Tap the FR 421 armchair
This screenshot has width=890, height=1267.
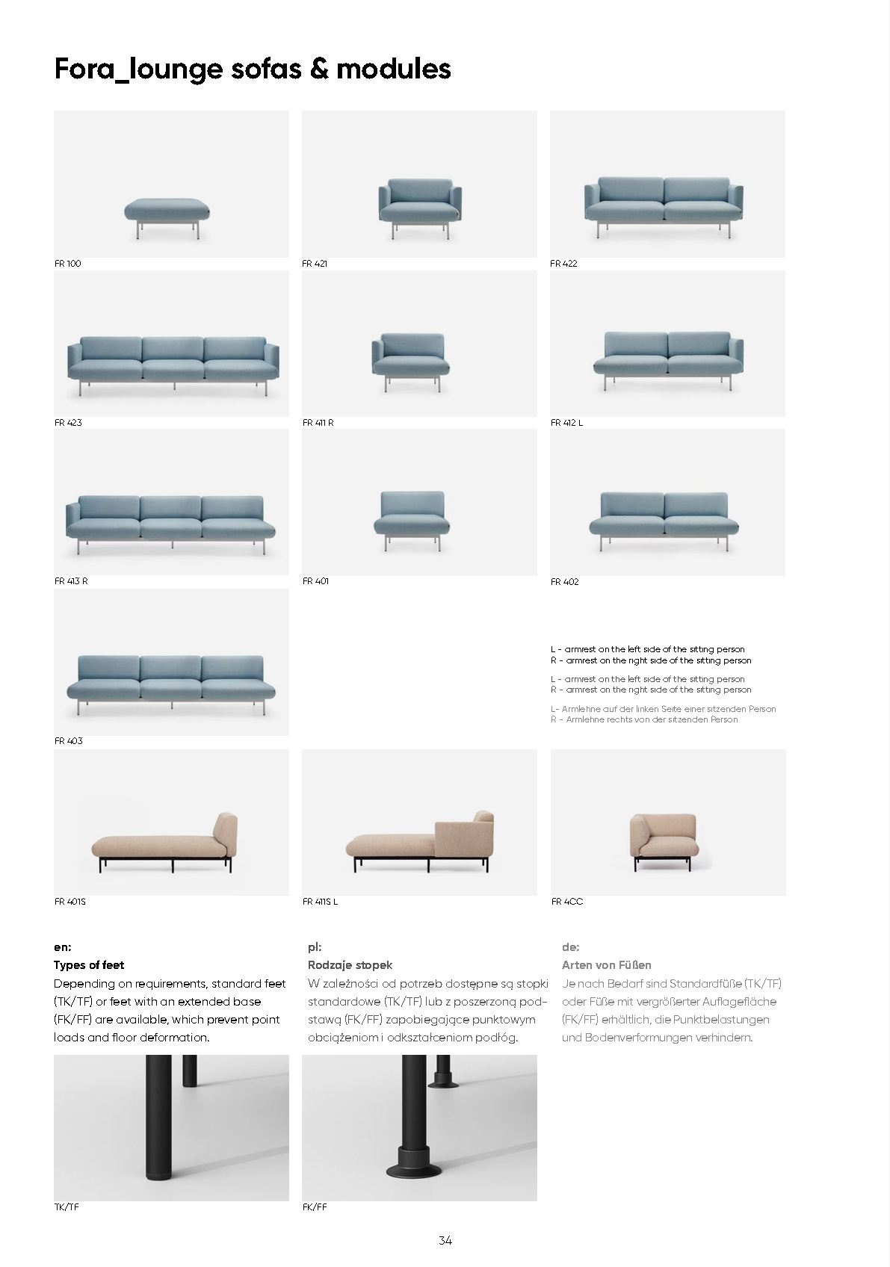pos(419,203)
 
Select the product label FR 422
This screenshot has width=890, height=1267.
pos(563,264)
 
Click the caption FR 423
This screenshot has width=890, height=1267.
pos(68,423)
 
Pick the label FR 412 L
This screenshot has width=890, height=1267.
pos(566,423)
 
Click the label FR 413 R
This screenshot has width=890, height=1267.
pos(71,581)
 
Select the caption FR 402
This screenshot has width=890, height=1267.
pos(564,582)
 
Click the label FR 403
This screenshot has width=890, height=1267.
pos(68,741)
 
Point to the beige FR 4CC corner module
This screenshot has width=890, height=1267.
pos(662,837)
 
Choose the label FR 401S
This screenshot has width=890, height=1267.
pos(70,902)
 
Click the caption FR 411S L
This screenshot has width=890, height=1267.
pos(320,902)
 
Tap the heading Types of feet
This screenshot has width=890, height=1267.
pos(89,965)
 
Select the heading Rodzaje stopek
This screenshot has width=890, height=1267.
pos(350,965)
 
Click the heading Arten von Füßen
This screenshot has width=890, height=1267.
pos(606,965)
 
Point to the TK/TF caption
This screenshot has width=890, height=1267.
pos(67,1207)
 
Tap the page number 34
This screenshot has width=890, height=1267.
pos(445,1241)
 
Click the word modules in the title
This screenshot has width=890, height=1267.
pos(394,69)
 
